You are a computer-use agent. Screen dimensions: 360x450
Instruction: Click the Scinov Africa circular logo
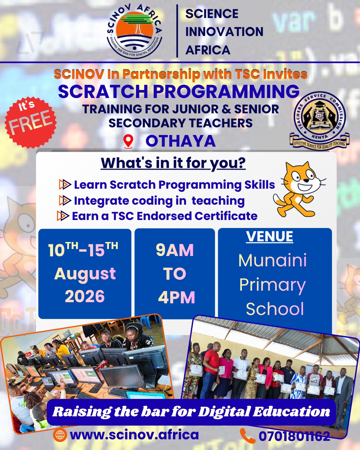pyautogui.click(x=135, y=32)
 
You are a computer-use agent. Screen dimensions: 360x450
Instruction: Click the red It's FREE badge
pyautogui.click(x=31, y=123)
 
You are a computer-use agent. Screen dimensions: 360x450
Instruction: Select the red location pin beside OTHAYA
pyautogui.click(x=128, y=141)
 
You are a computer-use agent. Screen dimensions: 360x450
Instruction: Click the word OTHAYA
pyautogui.click(x=181, y=141)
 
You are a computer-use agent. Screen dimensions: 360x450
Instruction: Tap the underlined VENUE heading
pyautogui.click(x=269, y=236)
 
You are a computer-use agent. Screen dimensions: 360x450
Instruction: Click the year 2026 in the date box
pyautogui.click(x=85, y=296)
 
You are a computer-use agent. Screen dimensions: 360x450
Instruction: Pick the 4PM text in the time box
pyautogui.click(x=177, y=297)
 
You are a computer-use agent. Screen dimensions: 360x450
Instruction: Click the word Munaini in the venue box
pyautogui.click(x=273, y=260)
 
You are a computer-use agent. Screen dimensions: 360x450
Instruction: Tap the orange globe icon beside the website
pyautogui.click(x=60, y=435)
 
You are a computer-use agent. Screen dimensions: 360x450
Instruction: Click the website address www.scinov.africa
pyautogui.click(x=134, y=435)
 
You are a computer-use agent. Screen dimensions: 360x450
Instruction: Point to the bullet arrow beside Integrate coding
pyautogui.click(x=65, y=201)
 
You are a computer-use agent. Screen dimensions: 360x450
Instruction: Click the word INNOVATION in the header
pyautogui.click(x=224, y=32)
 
